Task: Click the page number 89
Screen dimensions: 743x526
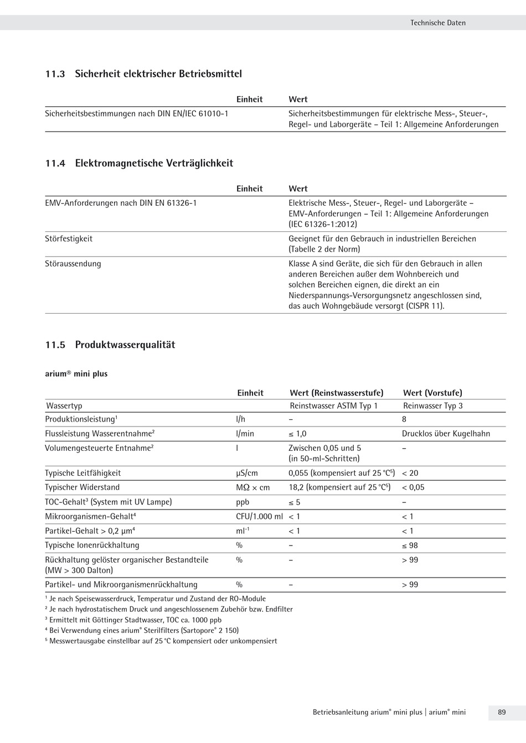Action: (x=502, y=712)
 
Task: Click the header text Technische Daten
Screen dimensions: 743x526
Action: (x=437, y=23)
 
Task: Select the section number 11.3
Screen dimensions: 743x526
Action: (x=55, y=74)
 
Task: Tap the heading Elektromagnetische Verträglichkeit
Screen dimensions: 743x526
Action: (x=154, y=163)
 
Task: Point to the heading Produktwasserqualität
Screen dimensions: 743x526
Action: (x=125, y=345)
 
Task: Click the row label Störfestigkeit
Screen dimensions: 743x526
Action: (x=69, y=239)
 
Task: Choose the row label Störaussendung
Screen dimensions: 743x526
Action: (x=73, y=264)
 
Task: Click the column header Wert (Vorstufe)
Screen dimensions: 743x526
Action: (x=432, y=393)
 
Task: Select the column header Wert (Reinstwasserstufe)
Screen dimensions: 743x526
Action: (x=336, y=393)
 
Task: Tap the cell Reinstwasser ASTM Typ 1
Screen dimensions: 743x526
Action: (x=333, y=406)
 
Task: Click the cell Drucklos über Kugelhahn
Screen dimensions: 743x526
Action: (x=446, y=434)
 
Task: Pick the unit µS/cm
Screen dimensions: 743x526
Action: (x=247, y=473)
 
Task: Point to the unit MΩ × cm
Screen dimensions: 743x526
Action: (x=253, y=487)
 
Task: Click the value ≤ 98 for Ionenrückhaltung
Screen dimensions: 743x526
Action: (x=410, y=545)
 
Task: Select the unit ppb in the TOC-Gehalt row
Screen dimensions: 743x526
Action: (x=243, y=502)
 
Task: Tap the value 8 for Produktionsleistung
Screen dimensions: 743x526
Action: (x=404, y=419)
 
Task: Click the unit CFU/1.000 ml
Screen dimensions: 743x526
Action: (x=259, y=517)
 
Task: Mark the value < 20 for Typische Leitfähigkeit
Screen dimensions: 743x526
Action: (x=410, y=473)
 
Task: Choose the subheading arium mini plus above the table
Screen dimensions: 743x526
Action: (x=76, y=374)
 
